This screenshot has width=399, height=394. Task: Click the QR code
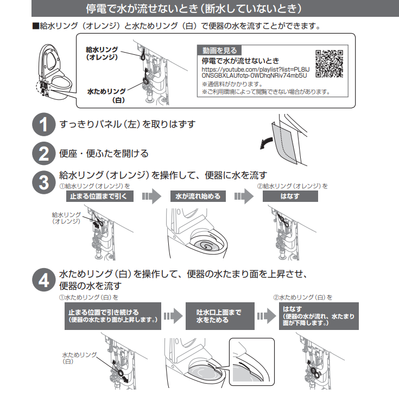pos(330,64)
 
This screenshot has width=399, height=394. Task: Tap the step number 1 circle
pos(44,124)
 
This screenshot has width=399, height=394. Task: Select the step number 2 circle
pos(44,154)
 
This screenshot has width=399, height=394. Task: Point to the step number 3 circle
pos(44,182)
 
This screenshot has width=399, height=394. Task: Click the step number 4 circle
pos(44,280)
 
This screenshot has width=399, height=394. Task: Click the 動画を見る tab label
pos(219,50)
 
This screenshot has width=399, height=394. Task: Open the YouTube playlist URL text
pos(256,73)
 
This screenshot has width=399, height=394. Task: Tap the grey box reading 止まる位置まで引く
pos(100,196)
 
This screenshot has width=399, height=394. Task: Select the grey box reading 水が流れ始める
pos(198,196)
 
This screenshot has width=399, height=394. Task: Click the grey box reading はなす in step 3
pos(290,196)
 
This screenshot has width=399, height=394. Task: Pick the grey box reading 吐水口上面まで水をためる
pos(220,316)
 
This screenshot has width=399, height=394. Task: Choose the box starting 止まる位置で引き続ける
pos(113,316)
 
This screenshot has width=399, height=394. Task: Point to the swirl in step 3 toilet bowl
pos(206,245)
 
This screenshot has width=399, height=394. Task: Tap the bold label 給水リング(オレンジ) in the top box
pos(102,53)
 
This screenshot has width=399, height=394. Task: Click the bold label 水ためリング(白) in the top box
pos(106,96)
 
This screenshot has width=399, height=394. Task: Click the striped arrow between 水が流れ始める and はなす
pos(244,196)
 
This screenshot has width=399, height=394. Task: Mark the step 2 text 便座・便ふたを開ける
pos(104,154)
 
